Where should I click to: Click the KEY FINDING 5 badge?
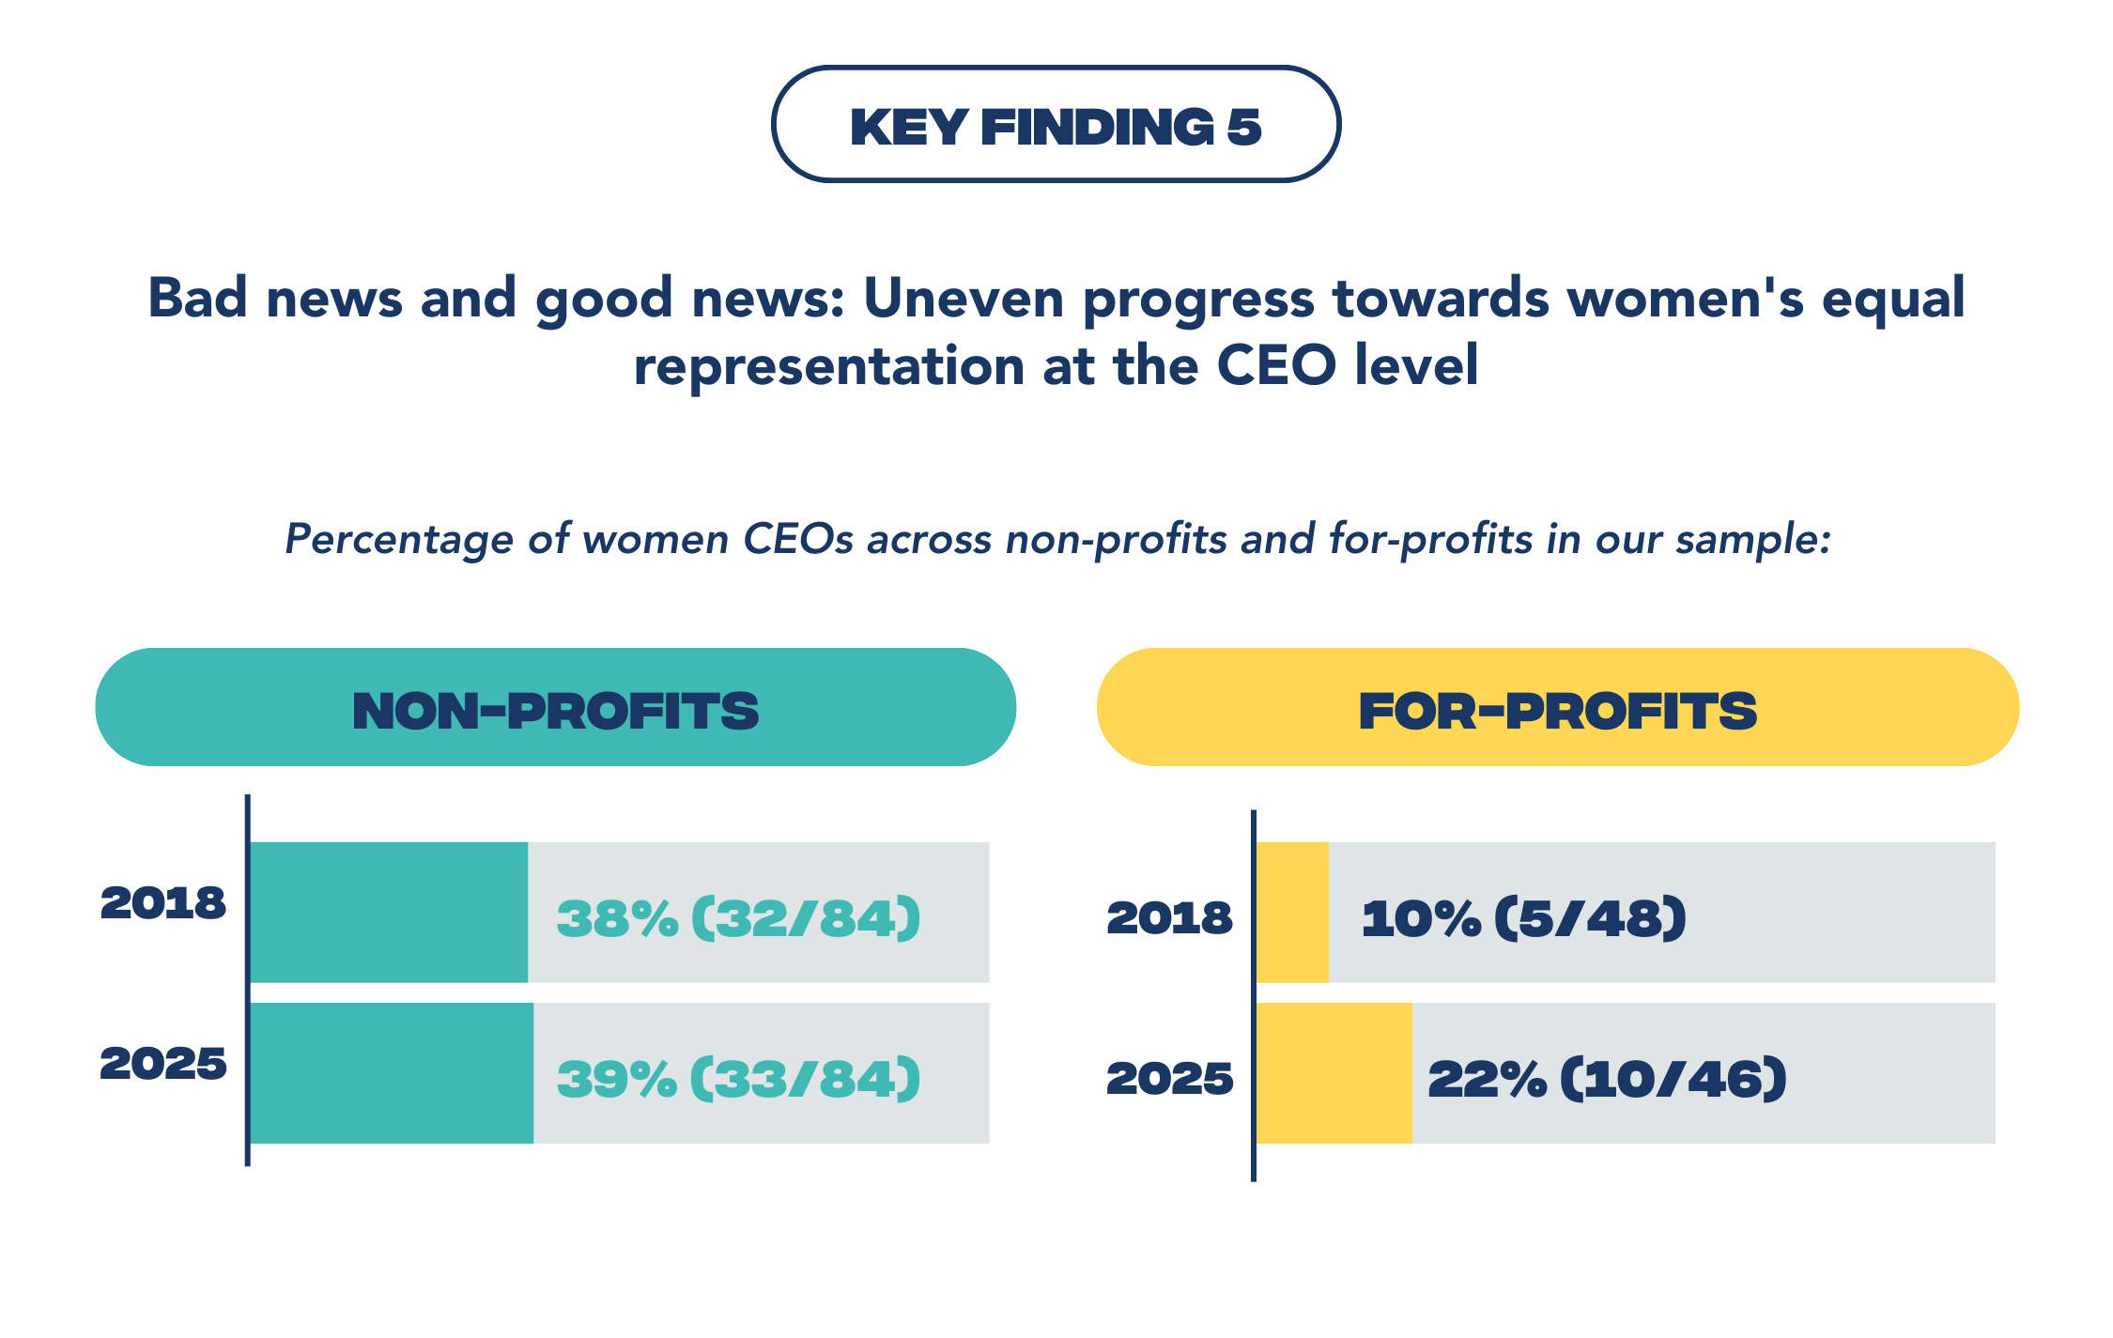(1056, 125)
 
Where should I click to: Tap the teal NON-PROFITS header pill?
(555, 708)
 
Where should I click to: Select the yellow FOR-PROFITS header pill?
(1557, 708)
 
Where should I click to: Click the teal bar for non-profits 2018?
(389, 912)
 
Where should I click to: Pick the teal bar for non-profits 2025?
(392, 1072)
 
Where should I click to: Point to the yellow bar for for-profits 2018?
(1292, 912)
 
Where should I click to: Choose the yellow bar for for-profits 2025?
(1334, 1072)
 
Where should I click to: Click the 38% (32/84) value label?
(738, 917)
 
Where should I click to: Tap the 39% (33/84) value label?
(738, 1078)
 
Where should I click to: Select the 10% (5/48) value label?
(1523, 917)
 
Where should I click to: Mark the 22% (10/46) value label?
(1607, 1078)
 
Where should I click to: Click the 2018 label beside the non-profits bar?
(163, 902)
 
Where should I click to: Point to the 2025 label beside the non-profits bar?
(163, 1063)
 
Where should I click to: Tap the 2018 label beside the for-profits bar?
(1169, 917)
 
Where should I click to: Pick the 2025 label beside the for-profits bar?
(1169, 1078)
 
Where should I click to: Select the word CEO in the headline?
(1275, 365)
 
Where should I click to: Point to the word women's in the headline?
(1685, 299)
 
